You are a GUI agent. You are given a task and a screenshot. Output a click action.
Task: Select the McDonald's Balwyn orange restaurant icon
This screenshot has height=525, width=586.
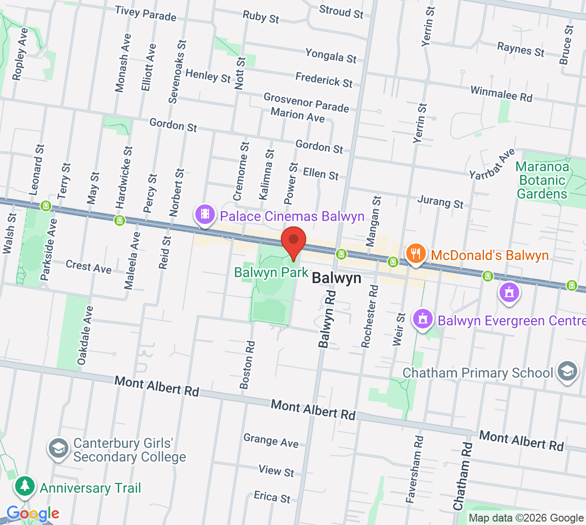(415, 254)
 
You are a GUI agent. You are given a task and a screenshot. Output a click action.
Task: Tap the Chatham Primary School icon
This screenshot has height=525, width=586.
(566, 372)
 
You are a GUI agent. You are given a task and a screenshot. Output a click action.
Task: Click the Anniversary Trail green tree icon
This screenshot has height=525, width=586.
(25, 486)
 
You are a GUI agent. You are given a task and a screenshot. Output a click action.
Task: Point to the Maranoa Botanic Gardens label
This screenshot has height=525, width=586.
(542, 181)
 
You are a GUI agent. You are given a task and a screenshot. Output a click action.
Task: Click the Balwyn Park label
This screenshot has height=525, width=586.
(271, 272)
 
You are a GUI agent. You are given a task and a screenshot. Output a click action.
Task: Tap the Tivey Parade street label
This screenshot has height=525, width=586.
(146, 14)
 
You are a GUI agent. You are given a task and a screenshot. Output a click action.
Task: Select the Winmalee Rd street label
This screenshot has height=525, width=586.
(501, 94)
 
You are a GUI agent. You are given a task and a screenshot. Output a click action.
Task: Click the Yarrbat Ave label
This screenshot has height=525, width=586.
(492, 164)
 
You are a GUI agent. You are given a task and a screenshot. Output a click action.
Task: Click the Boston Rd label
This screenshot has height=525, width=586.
(248, 364)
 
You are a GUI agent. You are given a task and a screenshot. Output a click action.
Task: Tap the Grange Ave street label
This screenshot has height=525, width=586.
(271, 440)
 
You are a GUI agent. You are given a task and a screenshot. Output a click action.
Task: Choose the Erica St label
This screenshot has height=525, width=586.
(272, 497)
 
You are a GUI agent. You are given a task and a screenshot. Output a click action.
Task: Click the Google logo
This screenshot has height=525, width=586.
(33, 513)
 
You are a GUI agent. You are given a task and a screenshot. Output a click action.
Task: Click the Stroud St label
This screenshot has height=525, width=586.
(341, 12)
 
